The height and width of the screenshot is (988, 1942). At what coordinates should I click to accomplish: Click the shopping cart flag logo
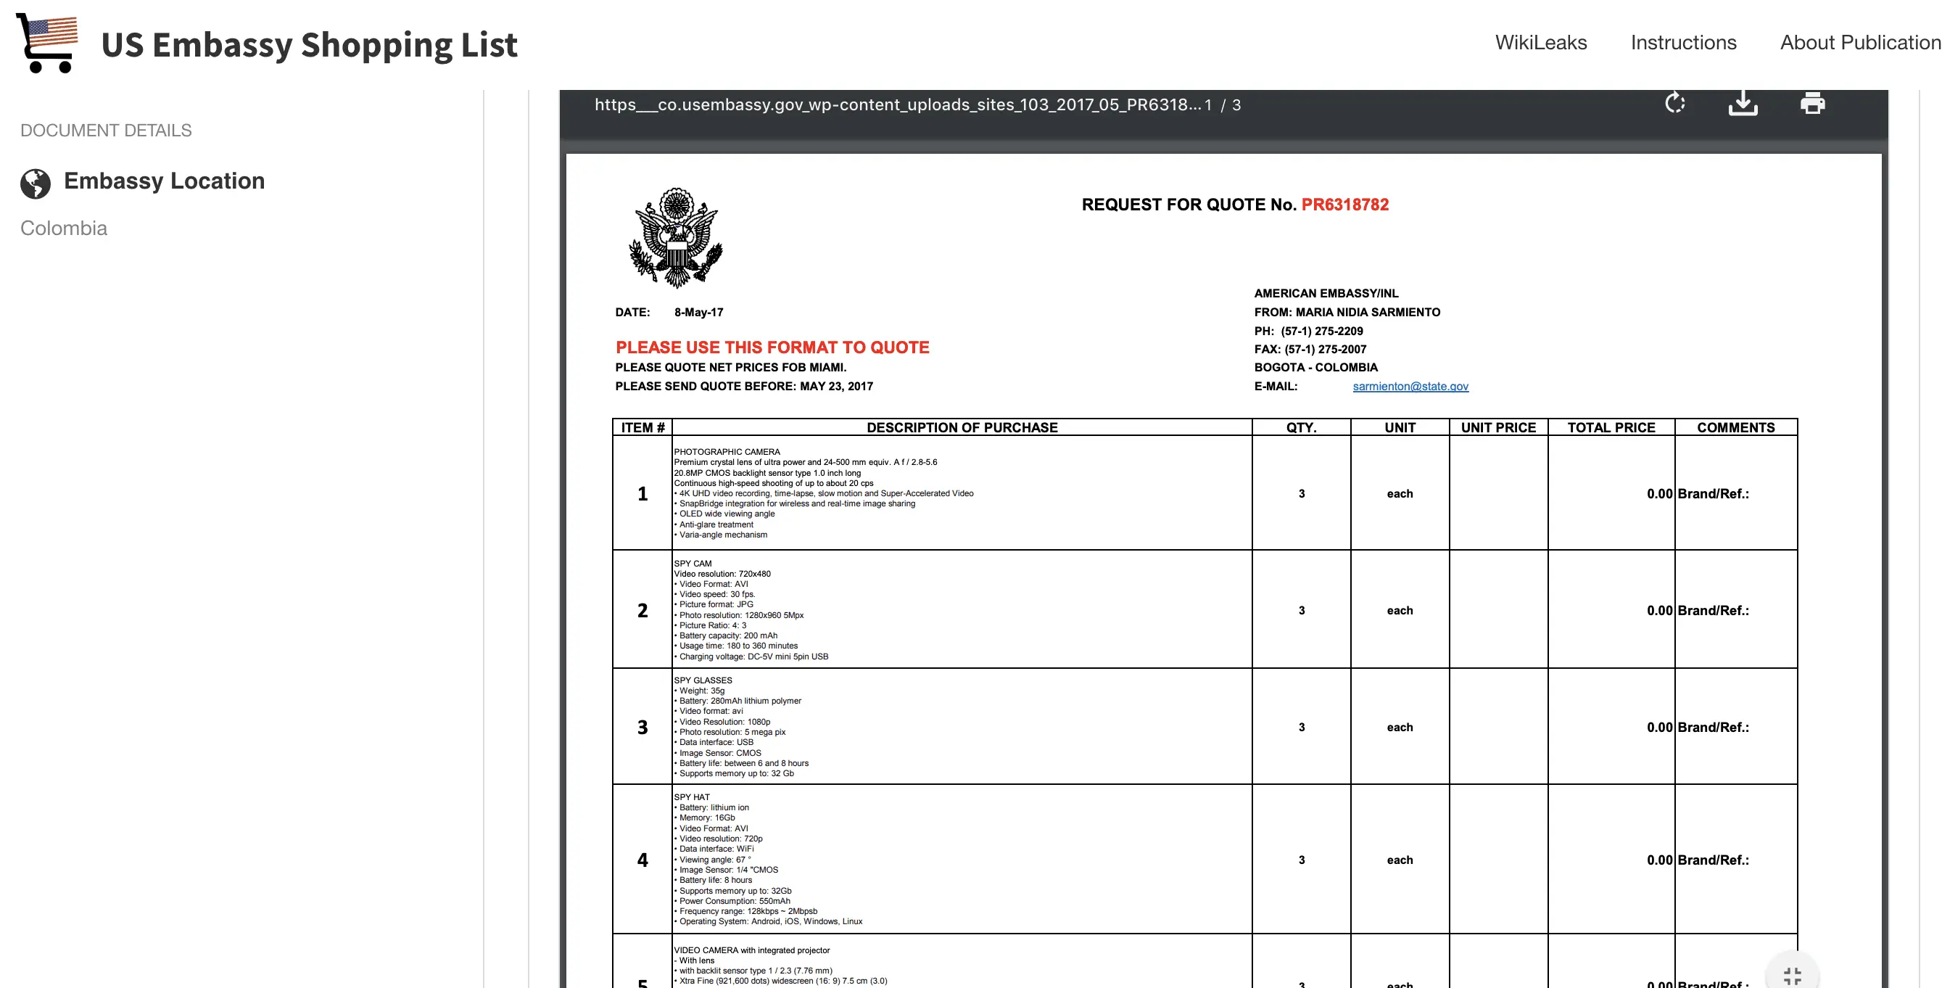[x=47, y=42]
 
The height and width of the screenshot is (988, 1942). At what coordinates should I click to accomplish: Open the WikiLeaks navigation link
[x=1540, y=42]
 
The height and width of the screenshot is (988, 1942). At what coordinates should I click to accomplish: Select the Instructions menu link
[x=1682, y=42]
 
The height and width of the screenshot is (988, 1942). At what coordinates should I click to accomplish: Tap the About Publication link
[x=1859, y=42]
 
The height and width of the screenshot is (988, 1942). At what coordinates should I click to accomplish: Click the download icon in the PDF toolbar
[x=1743, y=103]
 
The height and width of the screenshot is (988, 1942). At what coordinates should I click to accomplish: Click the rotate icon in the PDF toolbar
[x=1674, y=103]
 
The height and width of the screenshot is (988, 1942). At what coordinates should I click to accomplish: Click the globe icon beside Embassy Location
[x=36, y=184]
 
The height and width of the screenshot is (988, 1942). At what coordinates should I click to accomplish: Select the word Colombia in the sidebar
[x=64, y=228]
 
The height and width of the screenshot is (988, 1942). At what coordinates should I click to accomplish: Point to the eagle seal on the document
[x=677, y=238]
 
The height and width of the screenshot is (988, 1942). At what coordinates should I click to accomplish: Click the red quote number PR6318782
[x=1344, y=205]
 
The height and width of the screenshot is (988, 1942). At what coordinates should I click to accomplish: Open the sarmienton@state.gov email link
[x=1410, y=386]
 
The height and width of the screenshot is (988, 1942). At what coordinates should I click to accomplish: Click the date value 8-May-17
[x=698, y=312]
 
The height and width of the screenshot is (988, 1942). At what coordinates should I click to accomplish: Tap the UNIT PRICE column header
[x=1498, y=428]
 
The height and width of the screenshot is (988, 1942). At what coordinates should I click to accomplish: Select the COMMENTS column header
[x=1735, y=428]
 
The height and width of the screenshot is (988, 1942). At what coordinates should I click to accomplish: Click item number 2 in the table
[x=642, y=610]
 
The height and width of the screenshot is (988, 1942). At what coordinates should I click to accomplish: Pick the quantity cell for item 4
[x=1301, y=860]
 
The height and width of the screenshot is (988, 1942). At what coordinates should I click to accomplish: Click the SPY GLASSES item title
[x=703, y=680]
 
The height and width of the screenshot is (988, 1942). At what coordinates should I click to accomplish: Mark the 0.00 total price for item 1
[x=1658, y=494]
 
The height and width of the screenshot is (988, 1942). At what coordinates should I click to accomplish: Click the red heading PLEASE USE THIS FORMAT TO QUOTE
[x=772, y=347]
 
